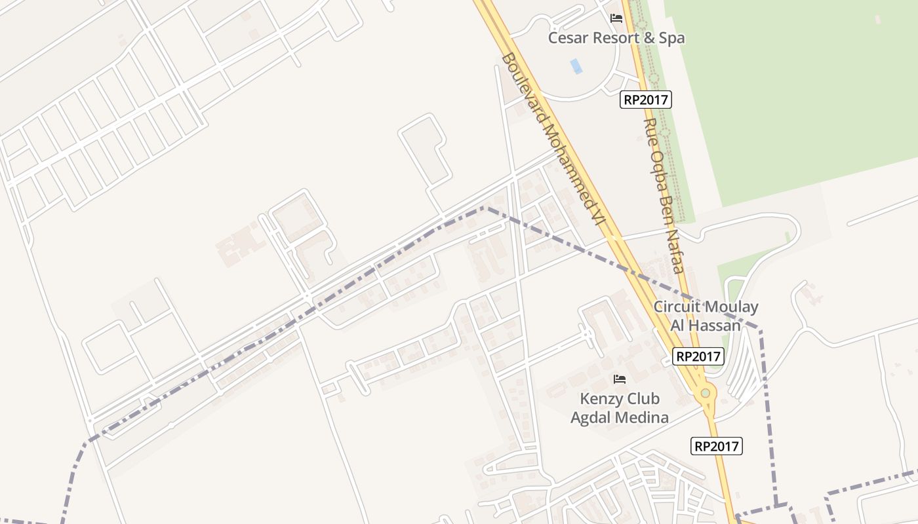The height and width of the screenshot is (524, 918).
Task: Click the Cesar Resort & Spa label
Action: coord(616,38)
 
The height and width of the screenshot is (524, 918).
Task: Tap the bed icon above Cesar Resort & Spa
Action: coord(616,18)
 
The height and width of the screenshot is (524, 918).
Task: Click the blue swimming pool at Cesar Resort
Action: coord(576,66)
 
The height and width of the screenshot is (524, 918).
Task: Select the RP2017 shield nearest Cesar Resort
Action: coord(646,100)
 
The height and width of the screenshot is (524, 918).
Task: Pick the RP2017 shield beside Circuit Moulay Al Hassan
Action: coord(698,356)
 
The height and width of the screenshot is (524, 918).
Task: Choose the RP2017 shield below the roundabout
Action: coord(717,447)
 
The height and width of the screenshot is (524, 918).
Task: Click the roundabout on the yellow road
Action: coord(706,393)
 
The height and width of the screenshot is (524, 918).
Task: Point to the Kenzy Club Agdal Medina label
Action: coord(620,407)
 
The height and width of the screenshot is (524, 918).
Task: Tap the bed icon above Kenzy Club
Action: coord(619,379)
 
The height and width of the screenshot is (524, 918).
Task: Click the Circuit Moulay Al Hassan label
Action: coord(706,316)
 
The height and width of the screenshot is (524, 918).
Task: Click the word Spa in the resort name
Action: coord(671,38)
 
